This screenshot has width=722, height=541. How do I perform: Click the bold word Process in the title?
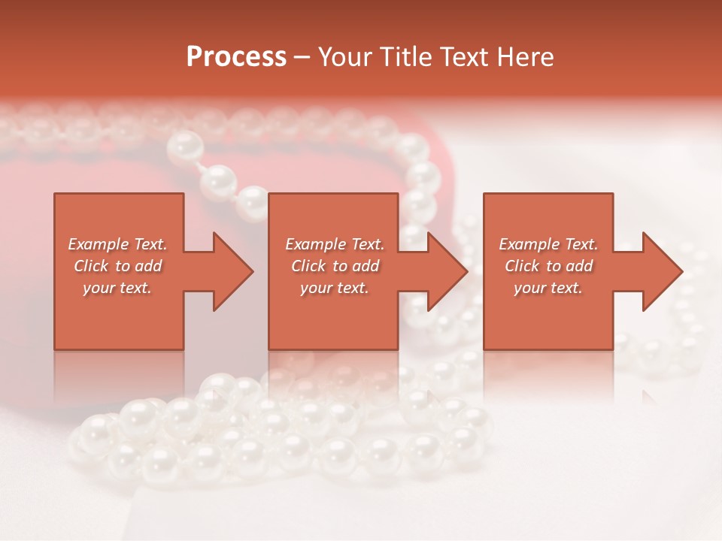(236, 57)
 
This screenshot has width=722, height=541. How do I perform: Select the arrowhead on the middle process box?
(446, 271)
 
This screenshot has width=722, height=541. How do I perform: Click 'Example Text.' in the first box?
(117, 244)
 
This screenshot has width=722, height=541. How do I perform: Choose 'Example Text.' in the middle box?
(335, 244)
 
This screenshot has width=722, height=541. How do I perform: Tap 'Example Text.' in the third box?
(548, 244)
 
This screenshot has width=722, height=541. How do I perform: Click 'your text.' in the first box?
(117, 288)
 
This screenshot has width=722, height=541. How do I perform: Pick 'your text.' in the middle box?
(335, 288)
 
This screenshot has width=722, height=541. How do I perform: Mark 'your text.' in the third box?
(548, 288)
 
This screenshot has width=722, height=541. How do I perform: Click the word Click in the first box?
(92, 266)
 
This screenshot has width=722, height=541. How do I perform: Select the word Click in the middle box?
(309, 266)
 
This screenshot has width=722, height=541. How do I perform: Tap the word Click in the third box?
(523, 266)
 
